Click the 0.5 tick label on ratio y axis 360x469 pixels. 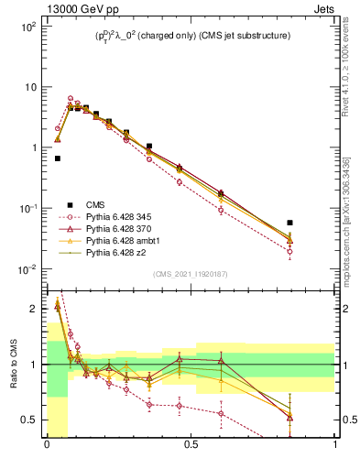point(30,420)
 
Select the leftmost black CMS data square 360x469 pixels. point(58,158)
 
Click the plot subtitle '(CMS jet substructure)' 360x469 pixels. point(240,36)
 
